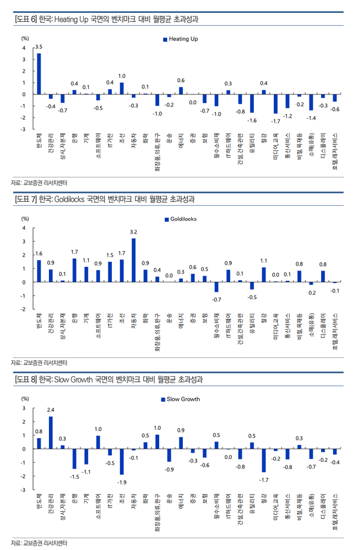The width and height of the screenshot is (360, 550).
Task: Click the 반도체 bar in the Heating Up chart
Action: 39,74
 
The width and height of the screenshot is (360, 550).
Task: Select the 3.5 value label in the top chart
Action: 39,46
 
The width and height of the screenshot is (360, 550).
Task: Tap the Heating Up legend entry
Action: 180,39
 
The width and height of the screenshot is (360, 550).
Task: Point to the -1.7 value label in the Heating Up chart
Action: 276,121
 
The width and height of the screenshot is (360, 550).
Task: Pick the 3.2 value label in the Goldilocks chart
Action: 133,232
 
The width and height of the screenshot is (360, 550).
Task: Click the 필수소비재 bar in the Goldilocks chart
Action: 216,287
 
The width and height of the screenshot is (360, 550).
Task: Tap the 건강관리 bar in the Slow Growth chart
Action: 51,432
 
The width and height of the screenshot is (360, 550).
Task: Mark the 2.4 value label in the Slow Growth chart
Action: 51,409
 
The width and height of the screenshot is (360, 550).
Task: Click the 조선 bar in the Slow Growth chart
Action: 121,462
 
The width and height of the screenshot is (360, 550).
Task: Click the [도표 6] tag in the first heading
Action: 26,20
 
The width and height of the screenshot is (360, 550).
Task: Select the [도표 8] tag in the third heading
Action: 26,380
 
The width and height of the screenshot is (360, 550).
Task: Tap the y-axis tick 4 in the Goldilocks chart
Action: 24,228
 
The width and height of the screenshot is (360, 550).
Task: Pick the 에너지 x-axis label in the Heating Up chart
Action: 181,143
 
